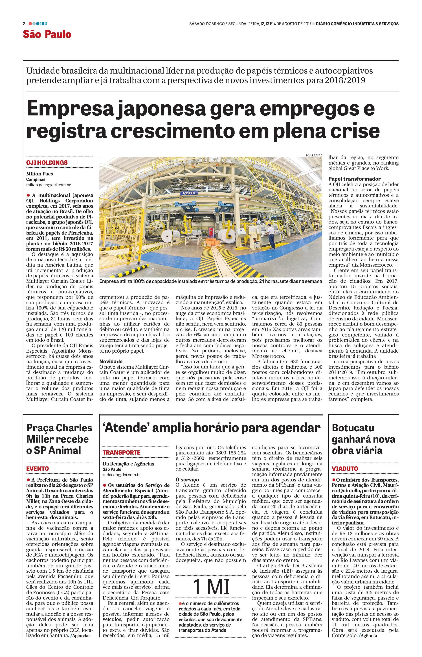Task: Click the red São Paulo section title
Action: tap(47, 34)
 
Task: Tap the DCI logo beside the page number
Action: tap(43, 24)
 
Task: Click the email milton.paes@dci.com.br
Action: tap(49, 185)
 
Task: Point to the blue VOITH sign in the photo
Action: tap(188, 193)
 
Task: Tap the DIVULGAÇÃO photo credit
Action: tap(314, 155)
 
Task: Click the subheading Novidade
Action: tap(111, 362)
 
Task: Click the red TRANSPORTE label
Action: tap(121, 453)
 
